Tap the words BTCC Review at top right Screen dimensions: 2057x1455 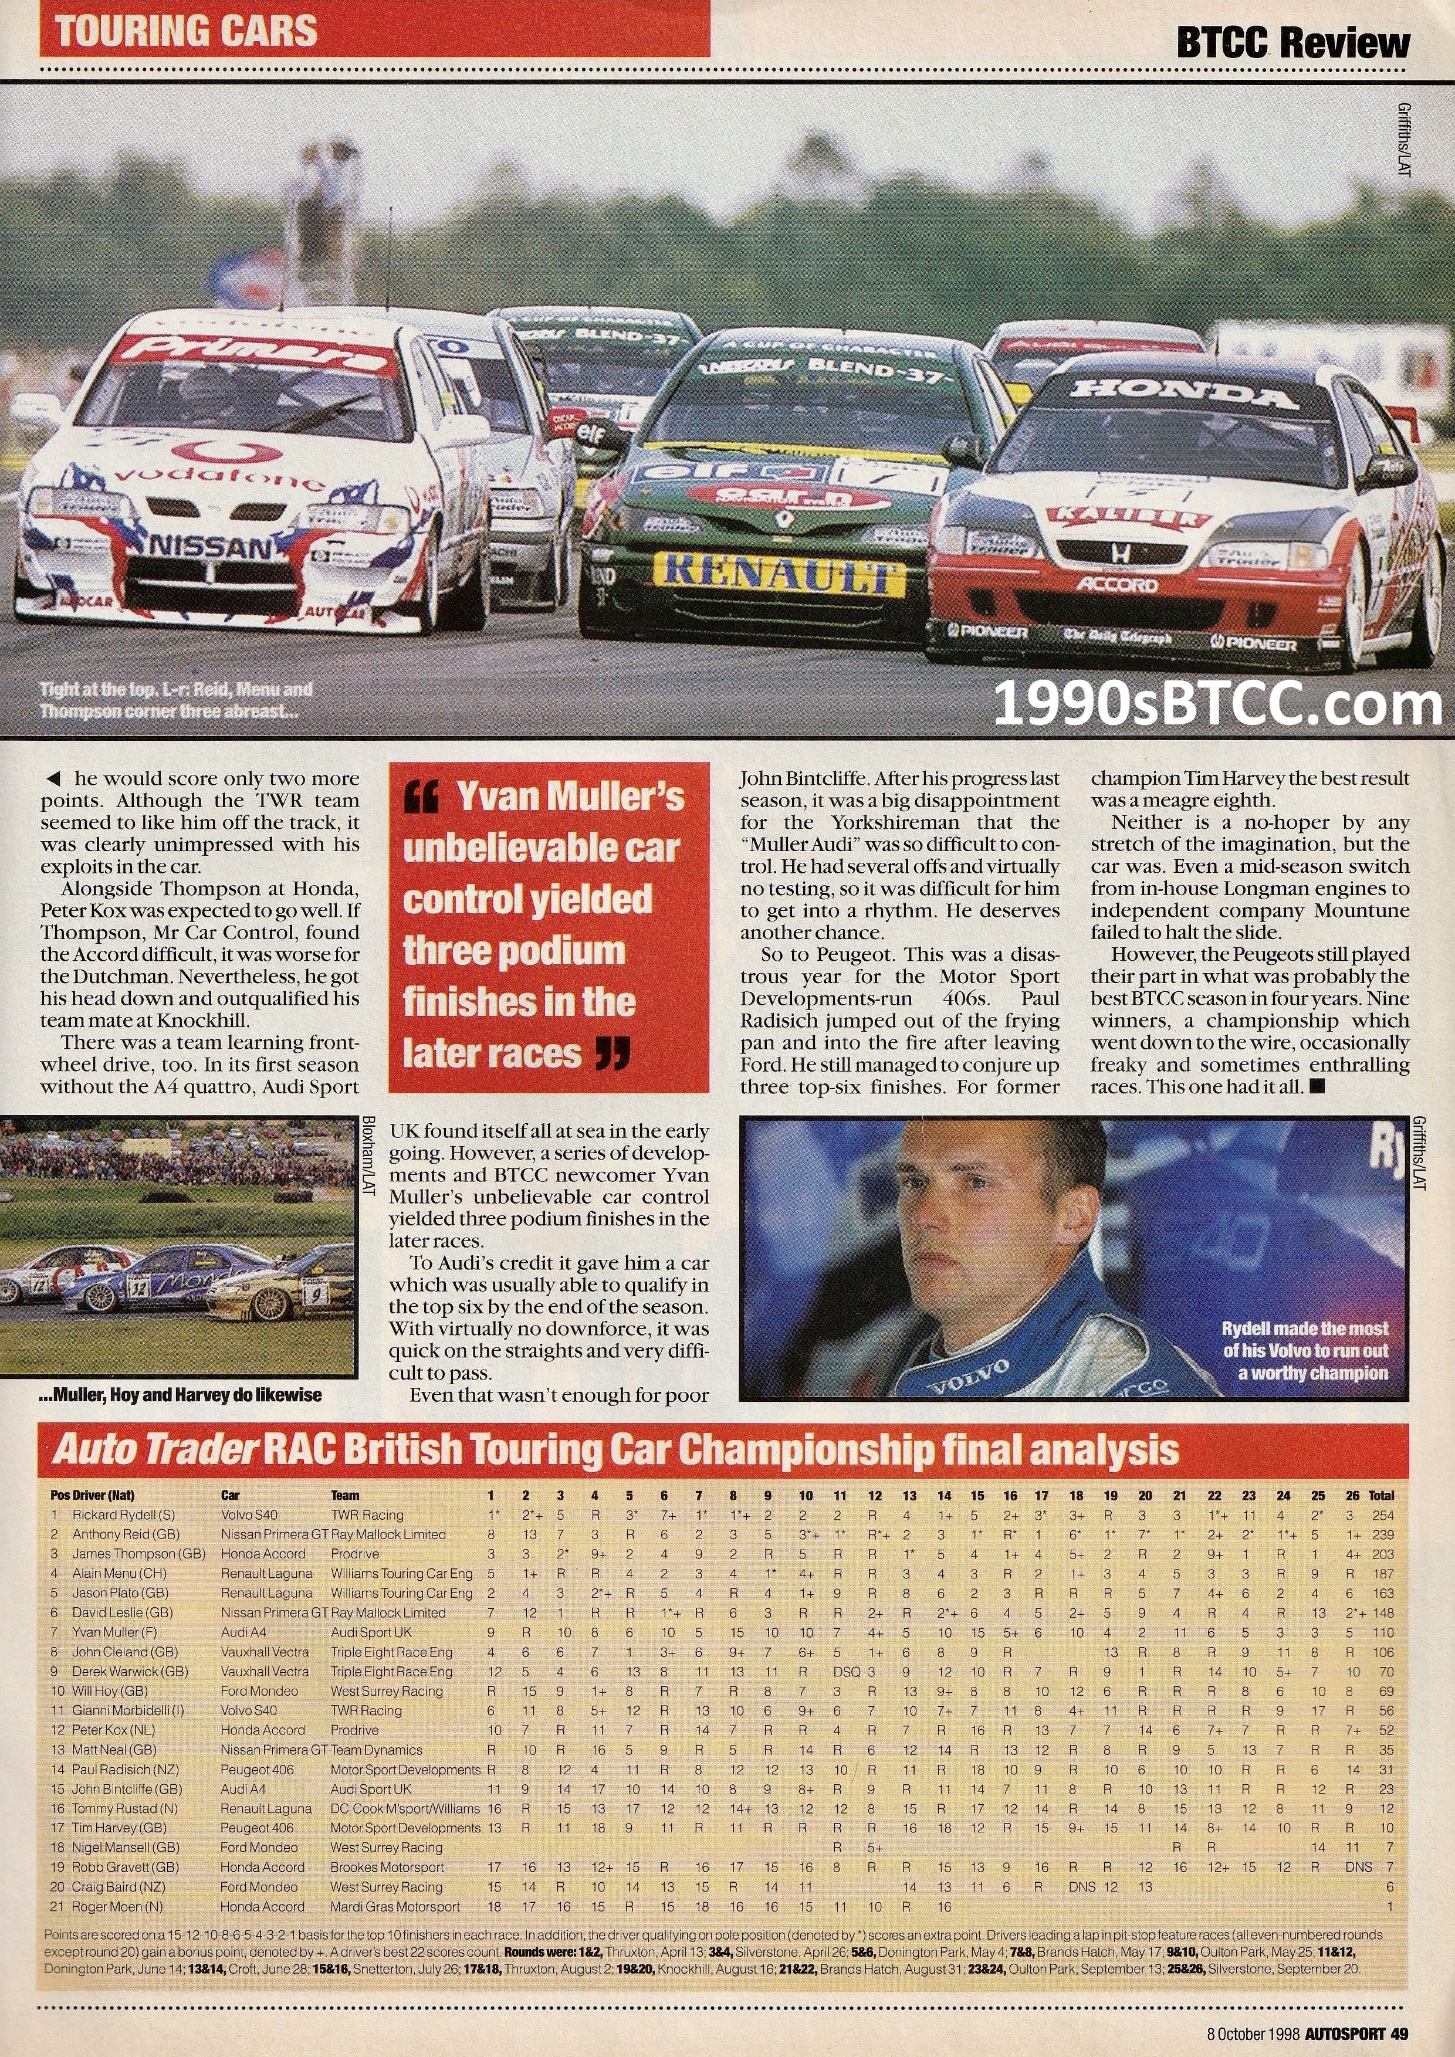pyautogui.click(x=1293, y=43)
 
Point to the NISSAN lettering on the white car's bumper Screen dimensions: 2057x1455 pyautogui.click(x=211, y=547)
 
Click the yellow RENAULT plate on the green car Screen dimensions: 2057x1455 pyautogui.click(x=776, y=574)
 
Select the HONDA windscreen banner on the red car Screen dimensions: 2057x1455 pyautogui.click(x=1183, y=391)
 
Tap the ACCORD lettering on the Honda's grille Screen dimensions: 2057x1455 pyautogui.click(x=1117, y=584)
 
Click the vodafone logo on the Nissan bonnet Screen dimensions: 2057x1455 pyautogui.click(x=219, y=476)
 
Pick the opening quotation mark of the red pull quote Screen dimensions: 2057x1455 pyautogui.click(x=421, y=795)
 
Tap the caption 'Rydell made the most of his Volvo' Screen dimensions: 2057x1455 pyautogui.click(x=1305, y=1350)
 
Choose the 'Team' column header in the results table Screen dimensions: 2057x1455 pyautogui.click(x=345, y=1495)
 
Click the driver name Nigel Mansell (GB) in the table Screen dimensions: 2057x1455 pyautogui.click(x=126, y=1848)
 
